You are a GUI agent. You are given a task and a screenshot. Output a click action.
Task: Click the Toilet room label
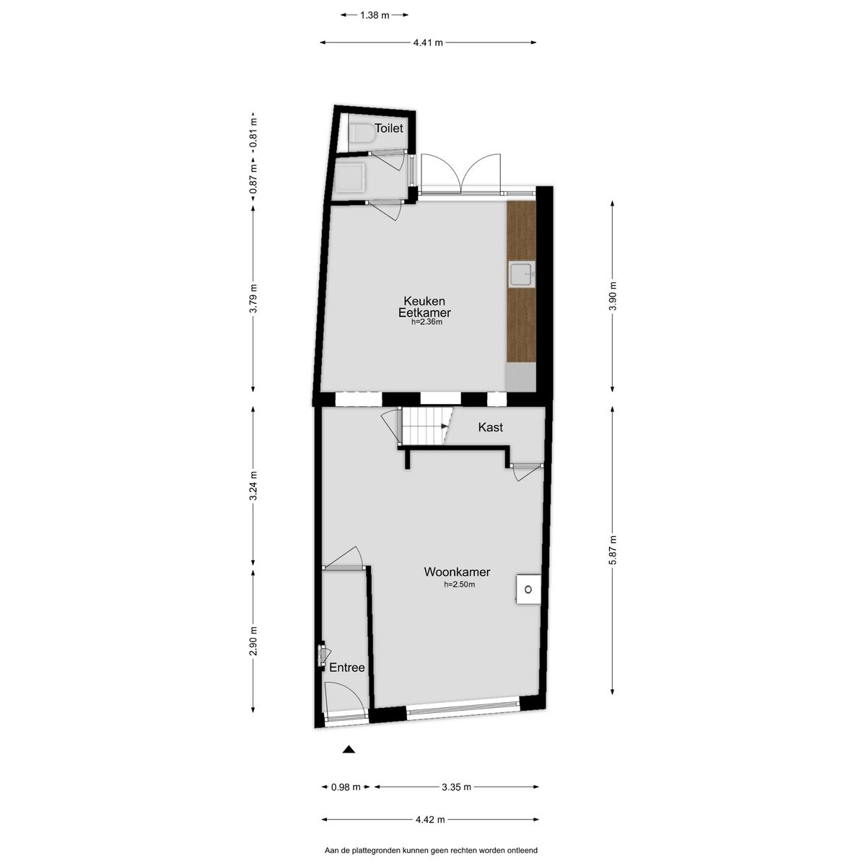389,128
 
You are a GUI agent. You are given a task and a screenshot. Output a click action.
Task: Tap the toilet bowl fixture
362,134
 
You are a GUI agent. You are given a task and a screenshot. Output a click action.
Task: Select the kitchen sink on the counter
522,274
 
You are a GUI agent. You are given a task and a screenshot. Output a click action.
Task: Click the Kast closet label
490,427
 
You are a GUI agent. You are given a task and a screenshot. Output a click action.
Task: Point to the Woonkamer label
457,572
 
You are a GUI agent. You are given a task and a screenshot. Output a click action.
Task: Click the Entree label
346,668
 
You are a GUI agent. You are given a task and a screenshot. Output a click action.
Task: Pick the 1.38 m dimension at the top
375,15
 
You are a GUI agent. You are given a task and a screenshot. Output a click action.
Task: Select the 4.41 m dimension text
428,43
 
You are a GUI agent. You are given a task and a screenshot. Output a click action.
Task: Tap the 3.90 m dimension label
613,297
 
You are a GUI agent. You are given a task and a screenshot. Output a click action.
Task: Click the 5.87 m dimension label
613,551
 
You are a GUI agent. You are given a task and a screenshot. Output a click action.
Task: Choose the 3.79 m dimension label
253,298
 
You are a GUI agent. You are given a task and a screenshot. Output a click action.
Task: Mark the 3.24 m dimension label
253,486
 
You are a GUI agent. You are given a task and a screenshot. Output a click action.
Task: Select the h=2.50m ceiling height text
459,585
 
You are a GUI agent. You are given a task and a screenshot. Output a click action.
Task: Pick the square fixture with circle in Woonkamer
528,590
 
